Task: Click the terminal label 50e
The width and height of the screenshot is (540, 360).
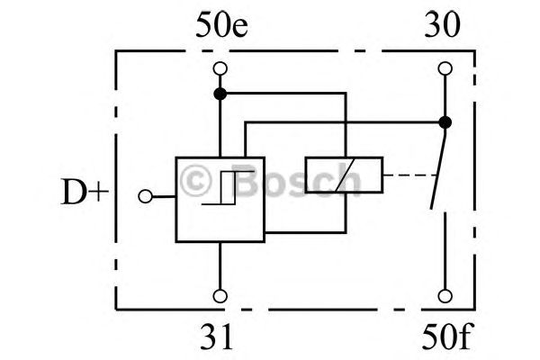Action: [x=221, y=25]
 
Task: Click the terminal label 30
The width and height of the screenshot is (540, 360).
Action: [x=442, y=25]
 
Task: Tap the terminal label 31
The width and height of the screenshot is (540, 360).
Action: [x=216, y=337]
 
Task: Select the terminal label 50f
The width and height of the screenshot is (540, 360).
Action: [x=447, y=337]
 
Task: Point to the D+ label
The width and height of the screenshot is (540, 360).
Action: [x=85, y=192]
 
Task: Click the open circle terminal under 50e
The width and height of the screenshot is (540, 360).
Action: [x=220, y=68]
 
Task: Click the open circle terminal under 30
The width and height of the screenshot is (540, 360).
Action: [x=445, y=68]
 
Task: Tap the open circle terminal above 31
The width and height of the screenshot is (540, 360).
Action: [x=220, y=296]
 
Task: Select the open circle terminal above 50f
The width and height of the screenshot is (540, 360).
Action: [x=445, y=296]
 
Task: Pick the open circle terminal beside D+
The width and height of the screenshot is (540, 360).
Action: [x=145, y=196]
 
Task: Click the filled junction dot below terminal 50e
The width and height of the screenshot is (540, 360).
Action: [x=220, y=94]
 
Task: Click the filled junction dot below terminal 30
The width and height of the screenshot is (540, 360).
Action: [x=445, y=122]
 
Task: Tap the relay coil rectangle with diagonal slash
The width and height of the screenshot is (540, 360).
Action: [x=344, y=175]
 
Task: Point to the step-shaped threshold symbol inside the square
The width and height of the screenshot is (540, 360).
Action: [x=228, y=188]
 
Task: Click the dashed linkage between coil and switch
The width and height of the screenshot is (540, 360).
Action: [x=409, y=175]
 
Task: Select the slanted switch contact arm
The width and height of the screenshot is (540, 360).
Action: [x=437, y=172]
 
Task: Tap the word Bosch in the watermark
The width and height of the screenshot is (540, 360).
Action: [x=297, y=179]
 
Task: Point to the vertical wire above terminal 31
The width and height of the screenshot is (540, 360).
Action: [x=220, y=265]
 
